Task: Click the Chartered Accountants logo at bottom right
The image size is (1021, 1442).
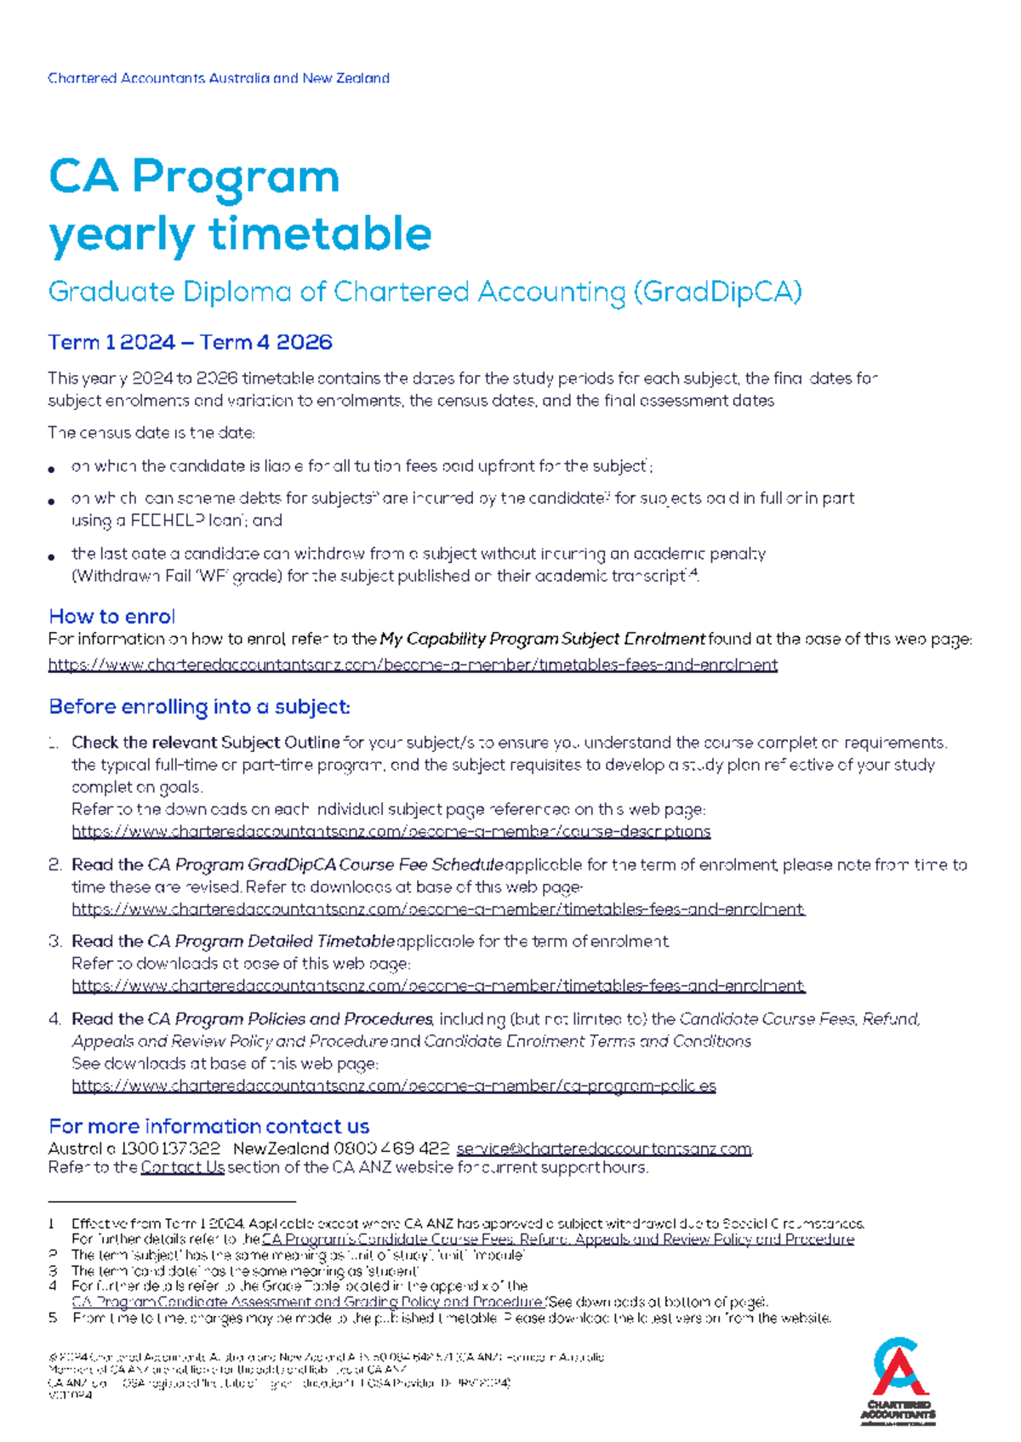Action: click(898, 1381)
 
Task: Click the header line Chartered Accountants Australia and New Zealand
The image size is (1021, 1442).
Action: click(219, 78)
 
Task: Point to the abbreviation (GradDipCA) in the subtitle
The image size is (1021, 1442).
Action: click(716, 293)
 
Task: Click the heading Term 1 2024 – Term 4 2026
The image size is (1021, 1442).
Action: click(190, 343)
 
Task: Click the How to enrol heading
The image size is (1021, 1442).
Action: click(111, 617)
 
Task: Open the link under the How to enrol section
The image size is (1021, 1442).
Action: click(413, 665)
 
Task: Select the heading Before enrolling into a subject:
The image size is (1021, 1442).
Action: click(199, 707)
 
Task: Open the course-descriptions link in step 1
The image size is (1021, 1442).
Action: click(391, 832)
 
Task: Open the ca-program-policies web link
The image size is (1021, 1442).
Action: click(393, 1086)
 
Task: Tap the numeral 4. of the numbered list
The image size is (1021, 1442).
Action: click(54, 1019)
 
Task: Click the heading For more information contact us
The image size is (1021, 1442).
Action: click(208, 1126)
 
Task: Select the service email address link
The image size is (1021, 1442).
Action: click(604, 1149)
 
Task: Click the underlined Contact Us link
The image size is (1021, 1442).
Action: click(182, 1168)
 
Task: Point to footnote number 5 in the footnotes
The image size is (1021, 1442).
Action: click(53, 1319)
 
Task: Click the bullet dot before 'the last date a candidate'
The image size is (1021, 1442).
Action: click(53, 556)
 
